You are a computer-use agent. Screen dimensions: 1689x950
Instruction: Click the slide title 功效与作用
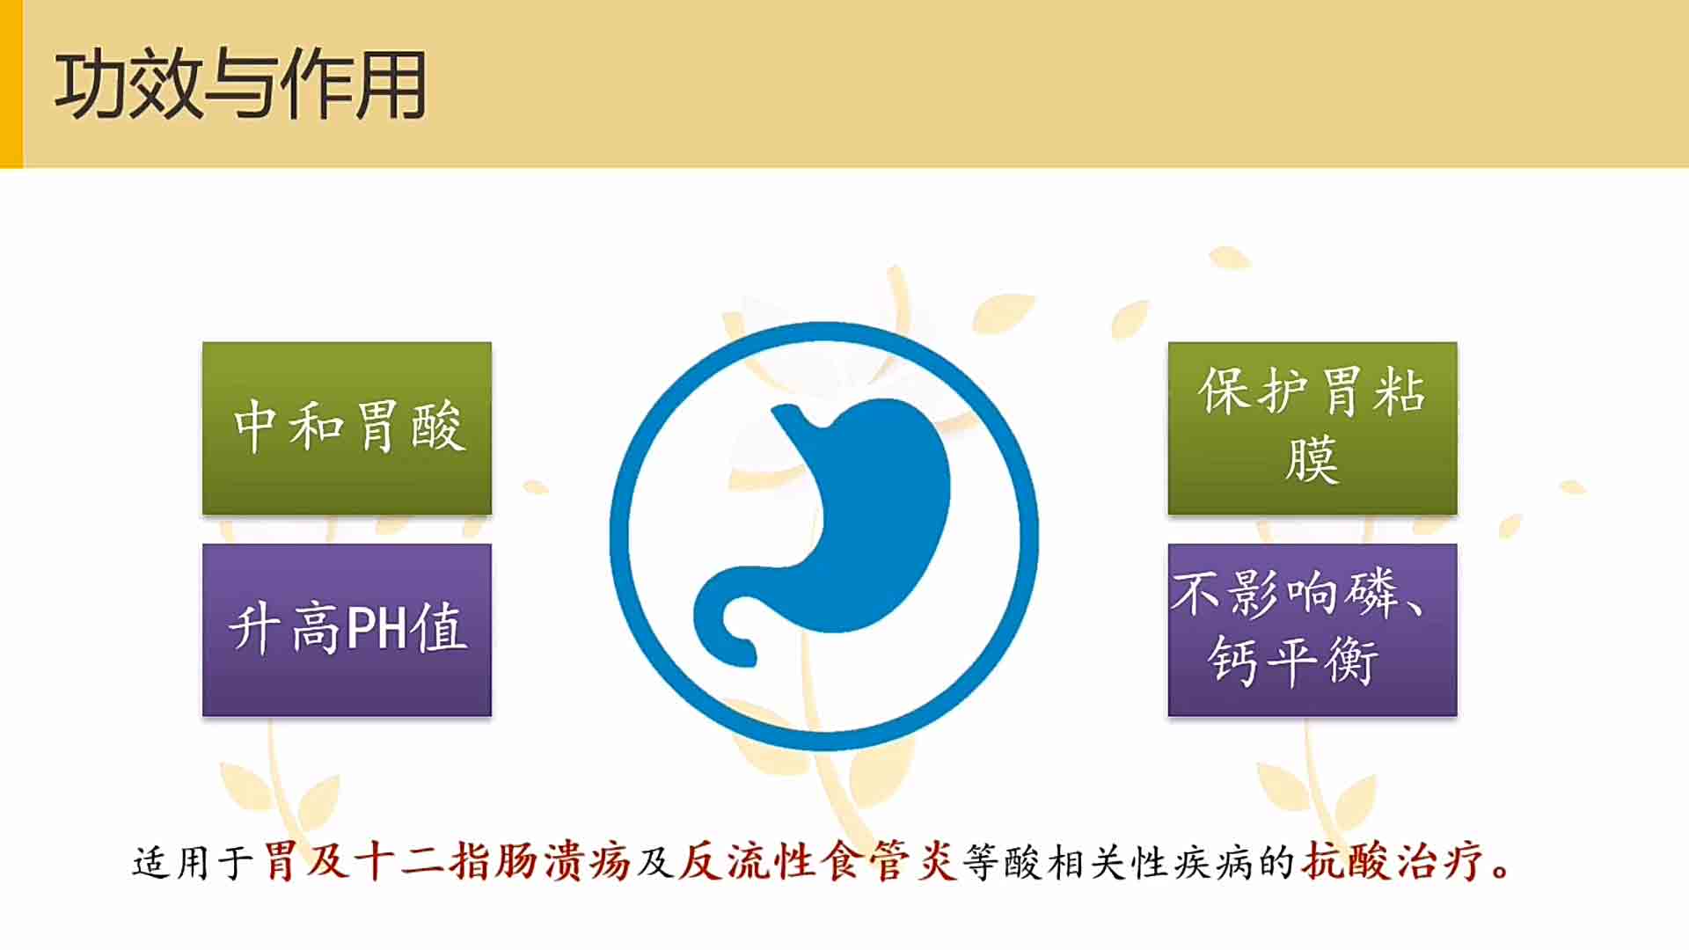(x=240, y=84)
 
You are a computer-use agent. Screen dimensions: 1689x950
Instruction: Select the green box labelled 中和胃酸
(x=347, y=428)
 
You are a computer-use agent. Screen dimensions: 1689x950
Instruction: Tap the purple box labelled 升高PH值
(x=347, y=630)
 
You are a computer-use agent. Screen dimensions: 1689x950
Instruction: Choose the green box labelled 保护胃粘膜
(x=1312, y=428)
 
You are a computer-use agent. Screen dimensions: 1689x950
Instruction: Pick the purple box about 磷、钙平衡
(x=1312, y=630)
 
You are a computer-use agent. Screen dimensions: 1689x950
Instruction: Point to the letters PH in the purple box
(x=377, y=628)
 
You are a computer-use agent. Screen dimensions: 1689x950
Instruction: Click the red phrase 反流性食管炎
(x=818, y=861)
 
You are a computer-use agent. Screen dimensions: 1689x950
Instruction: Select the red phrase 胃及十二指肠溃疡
(x=447, y=861)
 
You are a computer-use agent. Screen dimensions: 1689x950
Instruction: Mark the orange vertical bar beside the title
(x=11, y=84)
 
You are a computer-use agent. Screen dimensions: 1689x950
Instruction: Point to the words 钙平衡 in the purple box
(x=1292, y=661)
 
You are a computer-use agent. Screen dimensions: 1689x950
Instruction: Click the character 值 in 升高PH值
(x=439, y=628)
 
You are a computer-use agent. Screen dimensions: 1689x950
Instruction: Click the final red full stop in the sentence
(x=1501, y=871)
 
